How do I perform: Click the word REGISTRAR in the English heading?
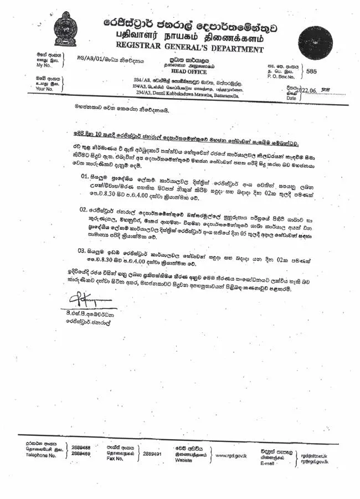(x=142, y=47)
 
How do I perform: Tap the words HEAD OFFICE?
(x=189, y=71)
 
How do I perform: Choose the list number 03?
(x=83, y=251)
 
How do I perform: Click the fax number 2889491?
(x=152, y=453)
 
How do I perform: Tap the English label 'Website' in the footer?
(x=184, y=460)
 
